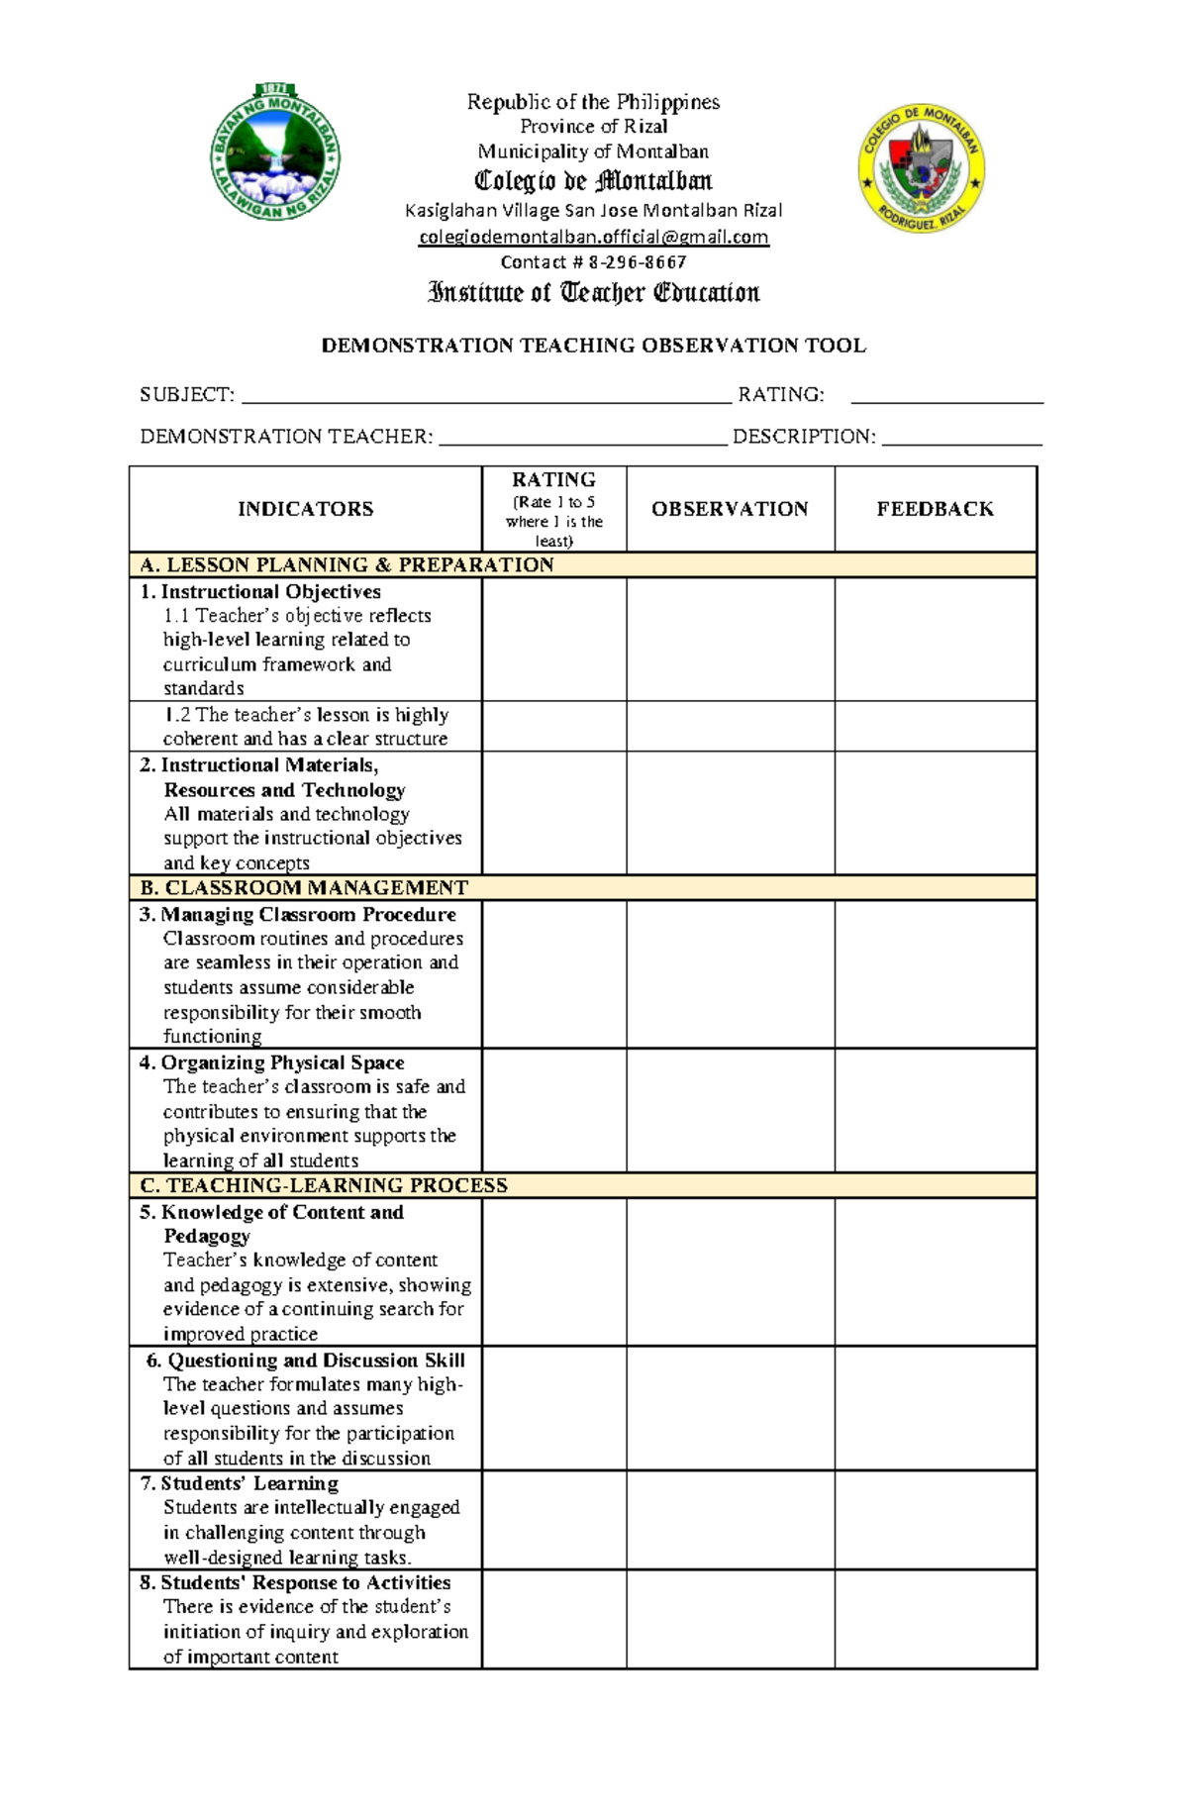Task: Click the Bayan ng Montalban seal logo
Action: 275,152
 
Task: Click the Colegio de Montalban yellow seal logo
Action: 921,168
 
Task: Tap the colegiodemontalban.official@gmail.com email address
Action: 593,237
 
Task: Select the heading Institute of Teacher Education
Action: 593,292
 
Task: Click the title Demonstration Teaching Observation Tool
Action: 593,346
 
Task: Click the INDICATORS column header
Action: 305,509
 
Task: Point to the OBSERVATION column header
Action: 730,509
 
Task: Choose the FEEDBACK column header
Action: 935,509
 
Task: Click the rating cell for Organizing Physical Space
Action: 553,1110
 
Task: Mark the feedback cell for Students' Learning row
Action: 935,1520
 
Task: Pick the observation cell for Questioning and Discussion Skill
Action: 730,1408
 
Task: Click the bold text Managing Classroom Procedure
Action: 308,914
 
